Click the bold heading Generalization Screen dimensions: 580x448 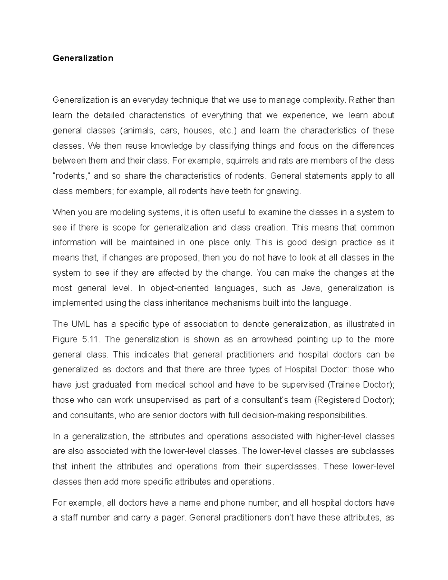[83, 58]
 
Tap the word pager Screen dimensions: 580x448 [174, 518]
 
